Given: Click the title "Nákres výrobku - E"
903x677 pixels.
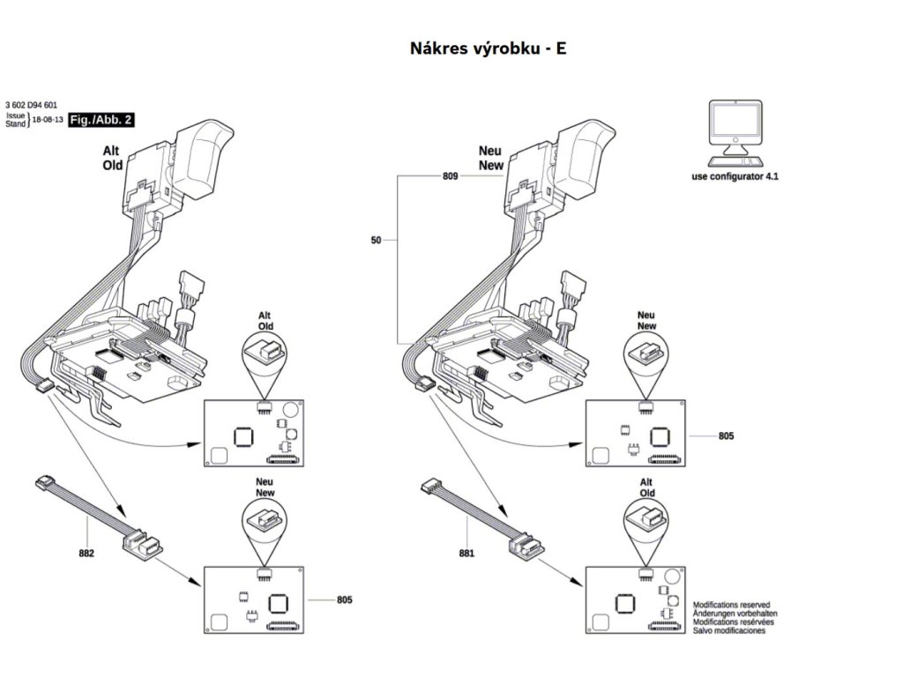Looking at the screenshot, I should [488, 48].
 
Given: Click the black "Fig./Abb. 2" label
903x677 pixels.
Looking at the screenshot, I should [101, 120].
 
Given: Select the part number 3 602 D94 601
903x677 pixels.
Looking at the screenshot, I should [31, 105].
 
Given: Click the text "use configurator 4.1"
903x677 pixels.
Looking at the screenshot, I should [735, 176].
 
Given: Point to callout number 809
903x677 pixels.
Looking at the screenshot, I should [450, 176].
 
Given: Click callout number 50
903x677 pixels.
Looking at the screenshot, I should [377, 239].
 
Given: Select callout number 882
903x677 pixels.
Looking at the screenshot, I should [86, 553].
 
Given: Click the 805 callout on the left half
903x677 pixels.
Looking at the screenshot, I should [345, 600].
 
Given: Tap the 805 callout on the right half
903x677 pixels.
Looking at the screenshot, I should [726, 435].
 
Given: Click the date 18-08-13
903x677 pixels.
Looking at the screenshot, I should [48, 120].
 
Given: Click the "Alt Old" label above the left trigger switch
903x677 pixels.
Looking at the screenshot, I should [113, 158].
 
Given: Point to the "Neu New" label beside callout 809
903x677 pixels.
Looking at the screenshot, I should [489, 158].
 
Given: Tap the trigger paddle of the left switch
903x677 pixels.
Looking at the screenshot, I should [205, 154].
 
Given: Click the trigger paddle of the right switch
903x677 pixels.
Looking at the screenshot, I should [586, 154].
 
